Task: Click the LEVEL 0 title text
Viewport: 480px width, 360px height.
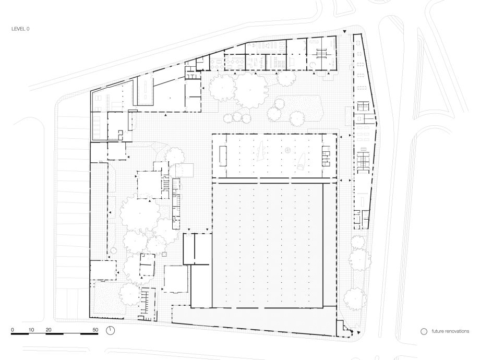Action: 20,29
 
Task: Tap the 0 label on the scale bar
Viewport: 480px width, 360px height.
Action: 12,330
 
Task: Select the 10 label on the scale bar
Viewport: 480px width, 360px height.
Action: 31,330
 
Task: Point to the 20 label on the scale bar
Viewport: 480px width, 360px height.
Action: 49,330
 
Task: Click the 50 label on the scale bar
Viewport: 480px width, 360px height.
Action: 95,330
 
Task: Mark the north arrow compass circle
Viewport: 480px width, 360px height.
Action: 111,331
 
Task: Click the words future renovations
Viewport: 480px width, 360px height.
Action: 450,331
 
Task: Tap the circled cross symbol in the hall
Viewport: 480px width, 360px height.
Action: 287,150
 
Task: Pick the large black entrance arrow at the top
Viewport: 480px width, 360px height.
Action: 345,31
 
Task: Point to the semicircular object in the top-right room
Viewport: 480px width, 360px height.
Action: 313,65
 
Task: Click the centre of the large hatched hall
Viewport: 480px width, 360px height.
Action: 267,245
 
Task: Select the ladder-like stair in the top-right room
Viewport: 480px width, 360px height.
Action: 321,54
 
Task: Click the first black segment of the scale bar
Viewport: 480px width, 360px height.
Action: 20,334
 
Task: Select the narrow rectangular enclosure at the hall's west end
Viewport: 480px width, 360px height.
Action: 223,156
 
